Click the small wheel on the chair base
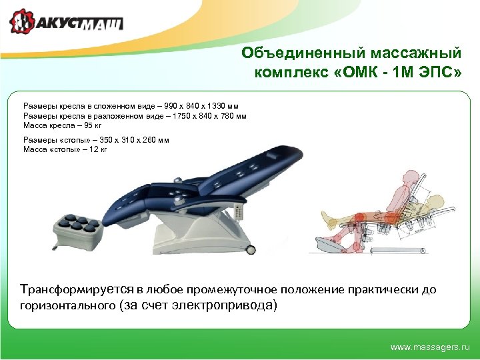coord(251,249)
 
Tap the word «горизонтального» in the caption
coord(67,306)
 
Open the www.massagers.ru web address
coord(429,347)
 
